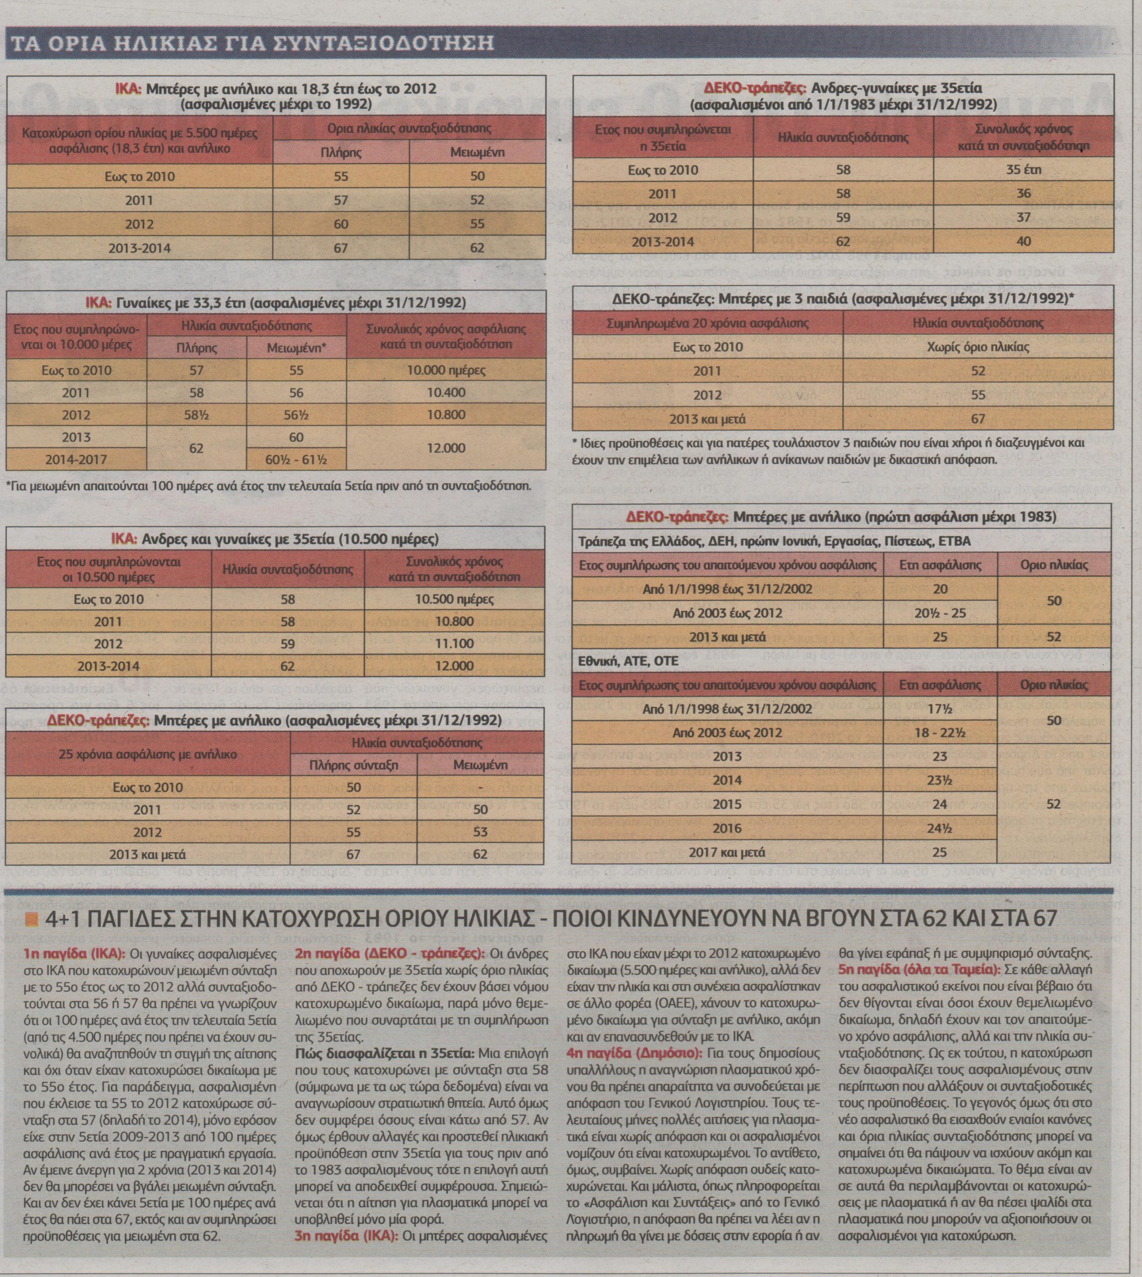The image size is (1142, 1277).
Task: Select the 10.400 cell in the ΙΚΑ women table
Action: click(x=446, y=393)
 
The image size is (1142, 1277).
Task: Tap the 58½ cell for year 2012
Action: click(x=197, y=415)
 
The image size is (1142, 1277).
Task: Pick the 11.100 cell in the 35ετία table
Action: click(x=454, y=643)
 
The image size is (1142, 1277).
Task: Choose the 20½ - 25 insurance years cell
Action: click(x=939, y=612)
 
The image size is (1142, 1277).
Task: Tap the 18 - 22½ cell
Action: click(x=939, y=733)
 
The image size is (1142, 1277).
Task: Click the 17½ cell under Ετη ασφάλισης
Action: click(x=939, y=709)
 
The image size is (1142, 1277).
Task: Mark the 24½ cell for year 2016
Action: click(x=939, y=829)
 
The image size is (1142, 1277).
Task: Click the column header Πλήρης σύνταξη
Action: click(x=353, y=765)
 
